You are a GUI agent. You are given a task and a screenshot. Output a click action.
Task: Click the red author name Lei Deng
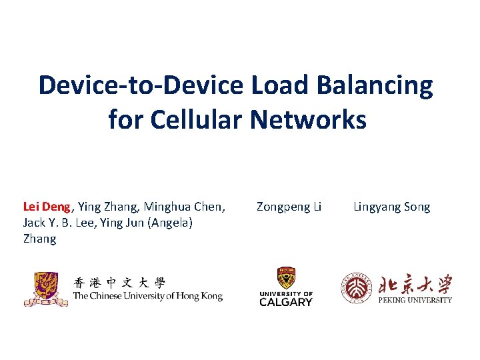tap(47, 207)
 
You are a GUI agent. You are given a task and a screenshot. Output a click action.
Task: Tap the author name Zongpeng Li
tap(289, 207)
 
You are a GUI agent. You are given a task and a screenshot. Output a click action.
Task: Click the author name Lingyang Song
tap(391, 207)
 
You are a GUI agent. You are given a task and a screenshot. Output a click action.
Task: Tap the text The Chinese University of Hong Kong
tap(147, 296)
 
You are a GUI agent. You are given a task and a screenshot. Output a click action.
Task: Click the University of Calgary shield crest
tap(286, 278)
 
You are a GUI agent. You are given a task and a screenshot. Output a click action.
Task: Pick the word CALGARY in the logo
tap(286, 302)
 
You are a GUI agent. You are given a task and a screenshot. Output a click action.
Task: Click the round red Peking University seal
tap(357, 288)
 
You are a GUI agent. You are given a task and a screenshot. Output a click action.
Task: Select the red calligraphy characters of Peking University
tap(415, 285)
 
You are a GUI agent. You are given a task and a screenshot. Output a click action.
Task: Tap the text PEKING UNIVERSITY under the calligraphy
tap(415, 300)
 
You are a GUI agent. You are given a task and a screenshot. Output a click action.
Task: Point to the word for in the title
tap(125, 120)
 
